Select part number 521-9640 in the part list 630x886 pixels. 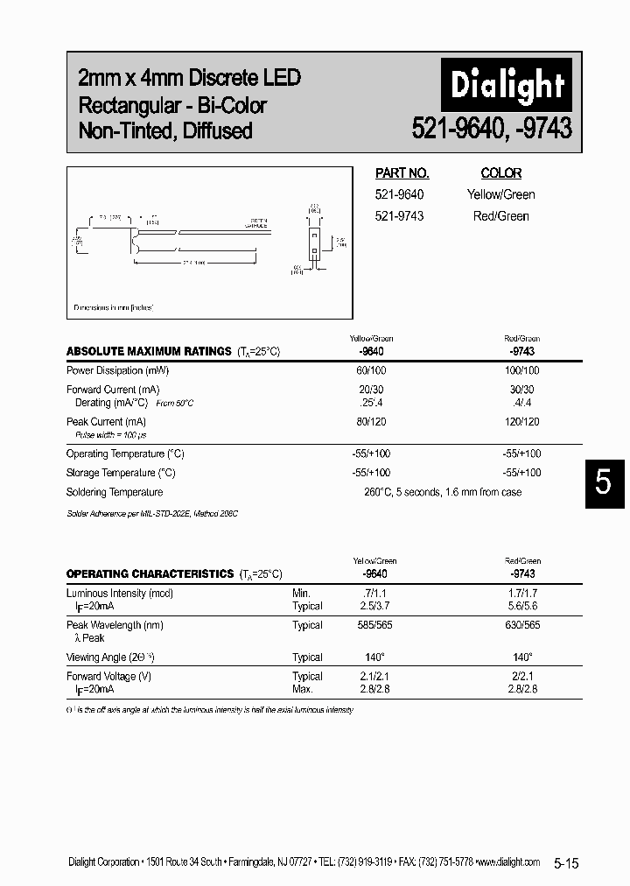399,194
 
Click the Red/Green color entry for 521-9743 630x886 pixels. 500,215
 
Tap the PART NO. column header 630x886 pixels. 402,173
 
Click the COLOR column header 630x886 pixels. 500,173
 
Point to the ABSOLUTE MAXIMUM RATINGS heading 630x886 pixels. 149,351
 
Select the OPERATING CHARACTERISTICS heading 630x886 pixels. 151,574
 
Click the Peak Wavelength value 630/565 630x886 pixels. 522,625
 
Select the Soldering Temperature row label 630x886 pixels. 115,492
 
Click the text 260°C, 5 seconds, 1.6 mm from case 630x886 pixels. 442,492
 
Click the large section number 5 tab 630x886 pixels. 603,482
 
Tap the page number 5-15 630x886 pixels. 566,863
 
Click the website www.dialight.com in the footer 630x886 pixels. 510,862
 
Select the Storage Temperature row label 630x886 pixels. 121,473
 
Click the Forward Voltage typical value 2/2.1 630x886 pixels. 522,677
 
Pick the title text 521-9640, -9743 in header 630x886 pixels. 492,129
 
